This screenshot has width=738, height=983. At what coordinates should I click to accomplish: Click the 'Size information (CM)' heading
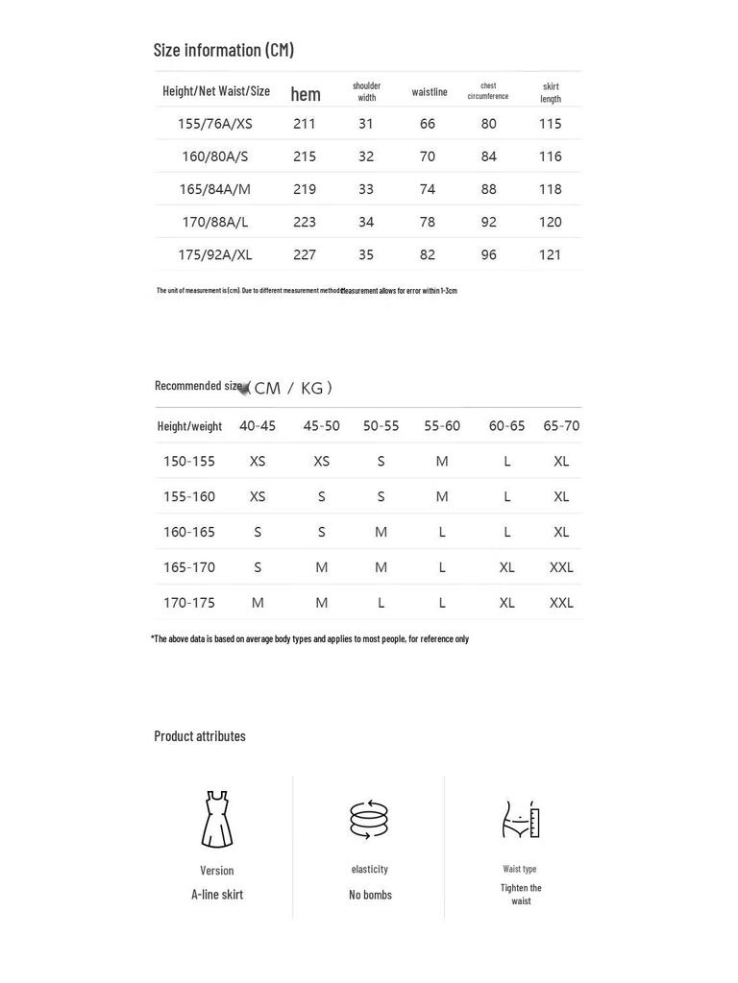(x=224, y=50)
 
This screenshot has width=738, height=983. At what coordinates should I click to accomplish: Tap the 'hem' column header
(x=306, y=94)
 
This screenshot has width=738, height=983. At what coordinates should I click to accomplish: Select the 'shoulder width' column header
(x=366, y=91)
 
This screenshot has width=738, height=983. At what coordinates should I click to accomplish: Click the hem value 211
(x=305, y=124)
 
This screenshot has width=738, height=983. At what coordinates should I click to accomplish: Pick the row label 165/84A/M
(x=215, y=189)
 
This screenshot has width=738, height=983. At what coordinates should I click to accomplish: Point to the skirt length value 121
(x=550, y=254)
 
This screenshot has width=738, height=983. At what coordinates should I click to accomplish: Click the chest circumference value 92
(x=489, y=222)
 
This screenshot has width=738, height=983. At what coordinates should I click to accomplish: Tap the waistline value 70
(x=428, y=156)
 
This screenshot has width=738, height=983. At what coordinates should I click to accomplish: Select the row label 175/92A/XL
(x=215, y=254)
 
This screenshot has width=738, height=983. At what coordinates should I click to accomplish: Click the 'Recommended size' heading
(x=199, y=386)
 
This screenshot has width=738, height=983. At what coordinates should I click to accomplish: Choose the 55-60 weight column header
(x=442, y=425)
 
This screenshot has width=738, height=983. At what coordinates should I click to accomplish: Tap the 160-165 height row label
(x=189, y=532)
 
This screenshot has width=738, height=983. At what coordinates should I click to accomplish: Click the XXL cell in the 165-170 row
(x=561, y=567)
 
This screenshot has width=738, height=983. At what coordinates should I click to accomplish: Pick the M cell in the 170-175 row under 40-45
(x=258, y=603)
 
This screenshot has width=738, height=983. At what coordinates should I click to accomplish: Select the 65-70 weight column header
(x=561, y=425)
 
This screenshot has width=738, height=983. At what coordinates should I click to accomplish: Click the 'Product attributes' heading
(x=200, y=736)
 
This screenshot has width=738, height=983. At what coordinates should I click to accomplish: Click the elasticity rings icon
(x=370, y=820)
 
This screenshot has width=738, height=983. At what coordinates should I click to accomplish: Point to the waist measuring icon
(x=521, y=820)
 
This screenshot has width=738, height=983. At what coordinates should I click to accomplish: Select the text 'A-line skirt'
(x=217, y=895)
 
